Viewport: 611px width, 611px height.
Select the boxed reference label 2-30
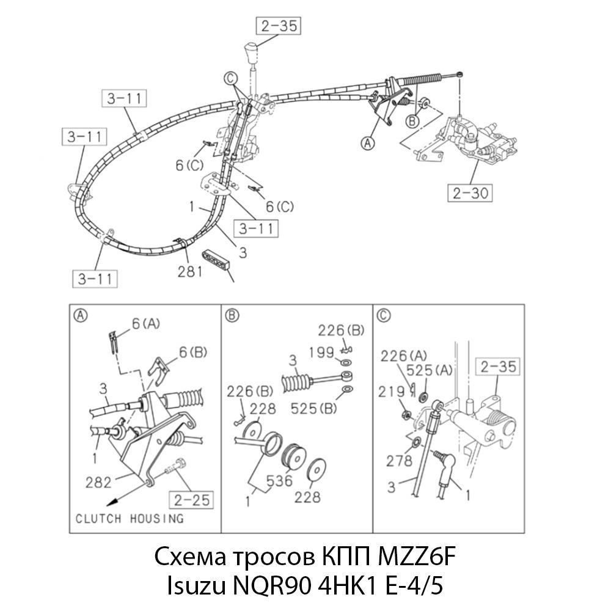point(470,194)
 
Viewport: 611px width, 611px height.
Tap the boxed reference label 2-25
point(192,500)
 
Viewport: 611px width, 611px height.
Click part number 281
point(190,271)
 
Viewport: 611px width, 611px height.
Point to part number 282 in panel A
point(99,483)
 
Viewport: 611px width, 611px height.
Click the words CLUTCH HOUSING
point(129,519)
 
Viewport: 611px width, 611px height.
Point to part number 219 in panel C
point(392,390)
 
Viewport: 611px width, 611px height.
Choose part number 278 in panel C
point(400,461)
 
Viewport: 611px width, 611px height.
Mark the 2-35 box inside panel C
point(499,367)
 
